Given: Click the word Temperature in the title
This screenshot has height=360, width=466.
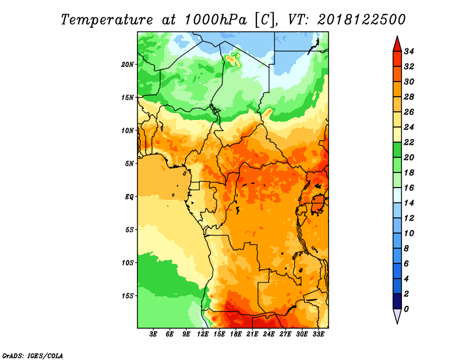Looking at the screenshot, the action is (107, 20).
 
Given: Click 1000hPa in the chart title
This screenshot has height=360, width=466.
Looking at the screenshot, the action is (216, 20).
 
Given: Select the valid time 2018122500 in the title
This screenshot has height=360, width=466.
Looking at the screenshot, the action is (361, 20).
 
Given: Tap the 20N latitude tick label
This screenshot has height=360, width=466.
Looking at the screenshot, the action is (128, 65).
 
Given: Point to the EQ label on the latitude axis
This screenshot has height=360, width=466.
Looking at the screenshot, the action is (129, 197).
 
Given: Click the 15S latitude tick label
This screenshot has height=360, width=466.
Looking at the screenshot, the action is (128, 296).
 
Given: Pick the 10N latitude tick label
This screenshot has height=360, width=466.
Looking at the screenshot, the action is (128, 130).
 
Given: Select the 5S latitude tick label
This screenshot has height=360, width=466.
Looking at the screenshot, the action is (129, 230).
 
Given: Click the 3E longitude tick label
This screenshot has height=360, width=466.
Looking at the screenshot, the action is (153, 334).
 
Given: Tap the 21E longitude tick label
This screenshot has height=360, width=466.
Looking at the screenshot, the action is (252, 334).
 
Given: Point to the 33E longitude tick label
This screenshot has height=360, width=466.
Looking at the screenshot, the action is (318, 334).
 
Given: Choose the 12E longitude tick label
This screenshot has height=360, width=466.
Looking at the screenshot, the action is (202, 334).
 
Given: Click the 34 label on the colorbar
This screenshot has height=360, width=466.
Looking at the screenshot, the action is (409, 51).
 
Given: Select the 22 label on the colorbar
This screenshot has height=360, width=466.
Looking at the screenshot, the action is (409, 142).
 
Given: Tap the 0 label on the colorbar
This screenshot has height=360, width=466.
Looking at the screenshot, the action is (406, 309).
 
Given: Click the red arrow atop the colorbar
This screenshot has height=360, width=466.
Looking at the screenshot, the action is (397, 44).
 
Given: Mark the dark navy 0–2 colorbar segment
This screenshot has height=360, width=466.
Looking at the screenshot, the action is (397, 301).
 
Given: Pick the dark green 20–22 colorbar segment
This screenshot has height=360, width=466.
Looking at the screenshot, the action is (397, 150).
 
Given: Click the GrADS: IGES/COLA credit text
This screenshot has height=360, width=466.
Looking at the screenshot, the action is (33, 355).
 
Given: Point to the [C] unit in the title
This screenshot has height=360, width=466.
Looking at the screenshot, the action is (264, 20).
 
